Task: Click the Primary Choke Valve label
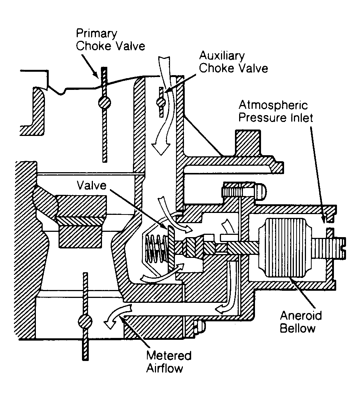click(111, 40)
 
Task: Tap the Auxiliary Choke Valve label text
click(233, 62)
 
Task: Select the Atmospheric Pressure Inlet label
click(276, 111)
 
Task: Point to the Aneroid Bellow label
click(301, 322)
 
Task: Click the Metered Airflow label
click(169, 362)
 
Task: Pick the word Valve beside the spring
click(91, 185)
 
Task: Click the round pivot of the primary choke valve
click(104, 103)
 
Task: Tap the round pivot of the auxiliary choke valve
click(161, 102)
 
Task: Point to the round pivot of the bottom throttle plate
click(85, 322)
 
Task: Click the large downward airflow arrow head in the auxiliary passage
click(161, 148)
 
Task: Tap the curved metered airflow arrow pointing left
click(116, 316)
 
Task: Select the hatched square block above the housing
click(248, 143)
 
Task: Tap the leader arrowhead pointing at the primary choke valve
click(96, 75)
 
